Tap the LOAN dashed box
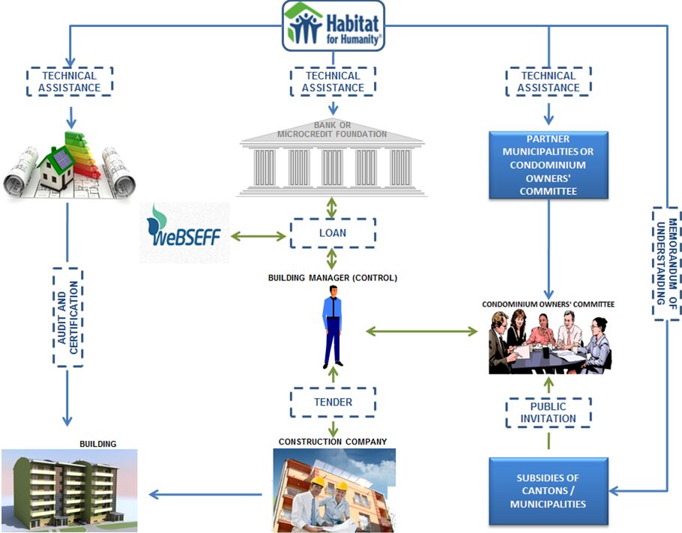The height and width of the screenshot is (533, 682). (332, 233)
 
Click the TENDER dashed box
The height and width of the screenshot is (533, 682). (332, 403)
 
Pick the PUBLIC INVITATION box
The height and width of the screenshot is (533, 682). (548, 412)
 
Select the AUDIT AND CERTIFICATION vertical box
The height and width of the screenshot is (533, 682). (69, 318)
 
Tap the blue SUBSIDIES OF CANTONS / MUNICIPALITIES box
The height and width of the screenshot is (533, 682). (548, 491)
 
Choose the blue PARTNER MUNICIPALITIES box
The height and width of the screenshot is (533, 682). (549, 165)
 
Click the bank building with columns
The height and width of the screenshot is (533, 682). (332, 161)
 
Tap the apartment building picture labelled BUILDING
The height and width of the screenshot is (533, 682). (70, 490)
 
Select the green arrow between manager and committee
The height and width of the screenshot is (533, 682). (422, 331)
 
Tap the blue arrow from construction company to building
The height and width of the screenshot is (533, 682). (205, 494)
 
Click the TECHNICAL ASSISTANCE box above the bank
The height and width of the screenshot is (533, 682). (333, 81)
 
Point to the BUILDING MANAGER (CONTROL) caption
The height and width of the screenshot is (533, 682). (332, 277)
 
